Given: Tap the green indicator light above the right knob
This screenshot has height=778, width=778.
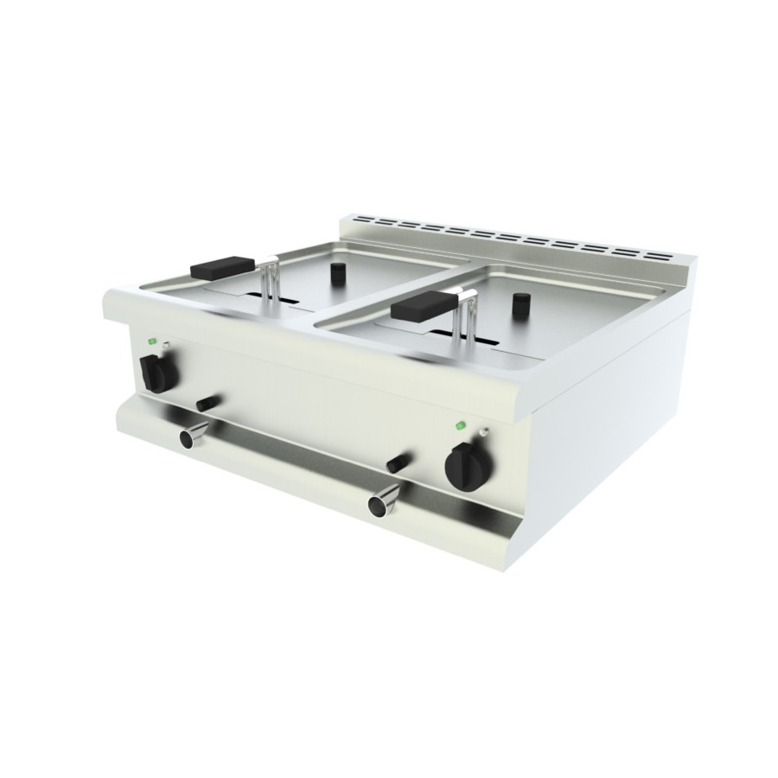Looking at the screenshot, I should [x=462, y=424].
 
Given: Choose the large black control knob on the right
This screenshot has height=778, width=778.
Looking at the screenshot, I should [x=465, y=465].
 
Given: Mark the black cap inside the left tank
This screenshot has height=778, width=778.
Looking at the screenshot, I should [x=335, y=274].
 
